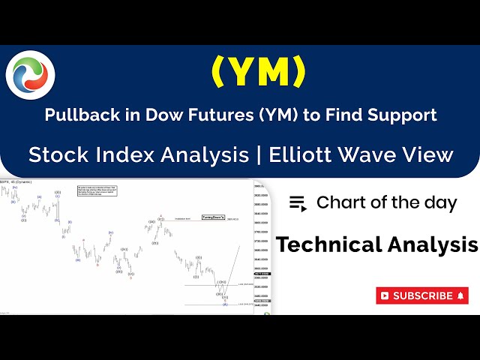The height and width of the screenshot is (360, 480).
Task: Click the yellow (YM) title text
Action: point(259,72)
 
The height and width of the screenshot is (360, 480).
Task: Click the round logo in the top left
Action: point(30,74)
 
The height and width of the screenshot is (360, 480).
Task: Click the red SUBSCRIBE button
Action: point(421,295)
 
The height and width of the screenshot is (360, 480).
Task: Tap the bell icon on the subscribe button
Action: point(460,295)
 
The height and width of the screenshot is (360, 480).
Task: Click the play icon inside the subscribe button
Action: point(385,295)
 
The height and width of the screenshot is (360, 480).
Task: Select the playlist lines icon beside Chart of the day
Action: point(298,202)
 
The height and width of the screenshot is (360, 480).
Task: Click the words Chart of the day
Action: point(386,202)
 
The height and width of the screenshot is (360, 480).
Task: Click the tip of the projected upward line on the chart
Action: point(240,245)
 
